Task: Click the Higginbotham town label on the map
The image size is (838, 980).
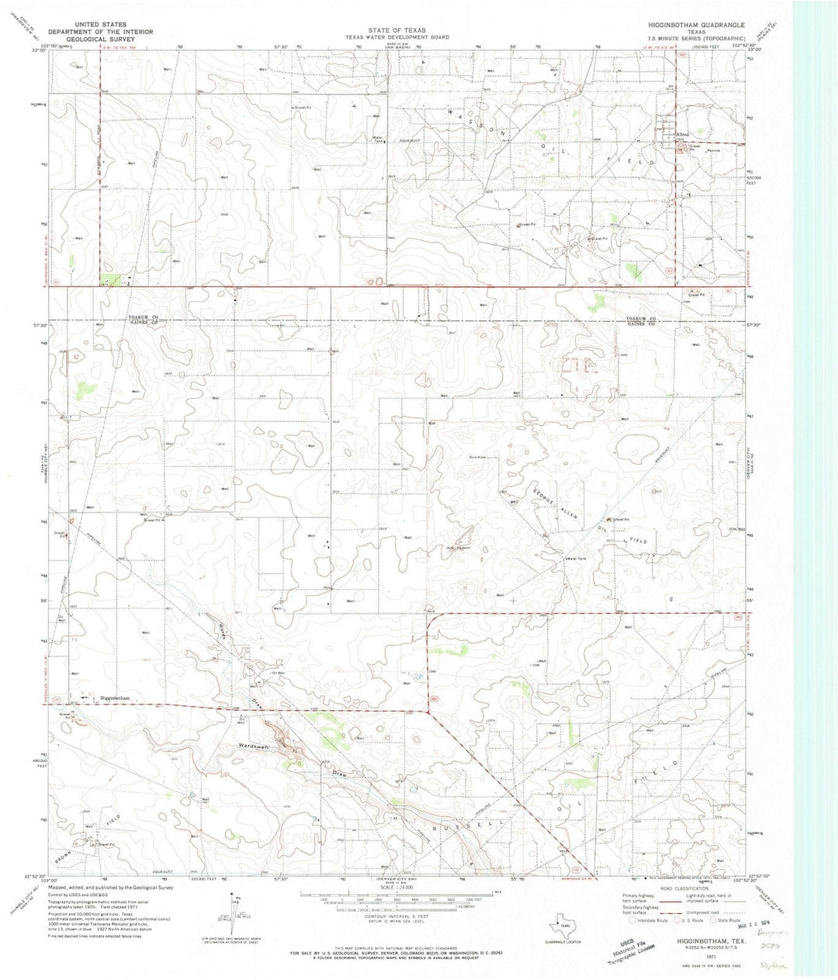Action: point(113,698)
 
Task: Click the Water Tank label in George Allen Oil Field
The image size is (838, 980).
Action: point(577,559)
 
